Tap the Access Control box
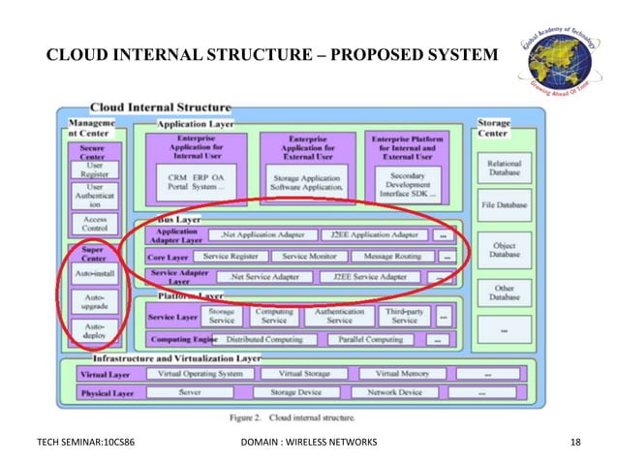[x=93, y=224]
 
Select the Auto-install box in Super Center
[x=93, y=274]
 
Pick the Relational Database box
[x=504, y=170]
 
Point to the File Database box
[x=504, y=205]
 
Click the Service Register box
[x=231, y=257]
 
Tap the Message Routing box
[x=393, y=257]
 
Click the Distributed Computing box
[x=263, y=340]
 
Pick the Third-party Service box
[x=404, y=316]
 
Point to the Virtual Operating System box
[x=201, y=373]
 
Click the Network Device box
[x=395, y=393]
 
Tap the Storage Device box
[x=295, y=393]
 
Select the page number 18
[x=576, y=443]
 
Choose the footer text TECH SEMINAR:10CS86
[x=85, y=443]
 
